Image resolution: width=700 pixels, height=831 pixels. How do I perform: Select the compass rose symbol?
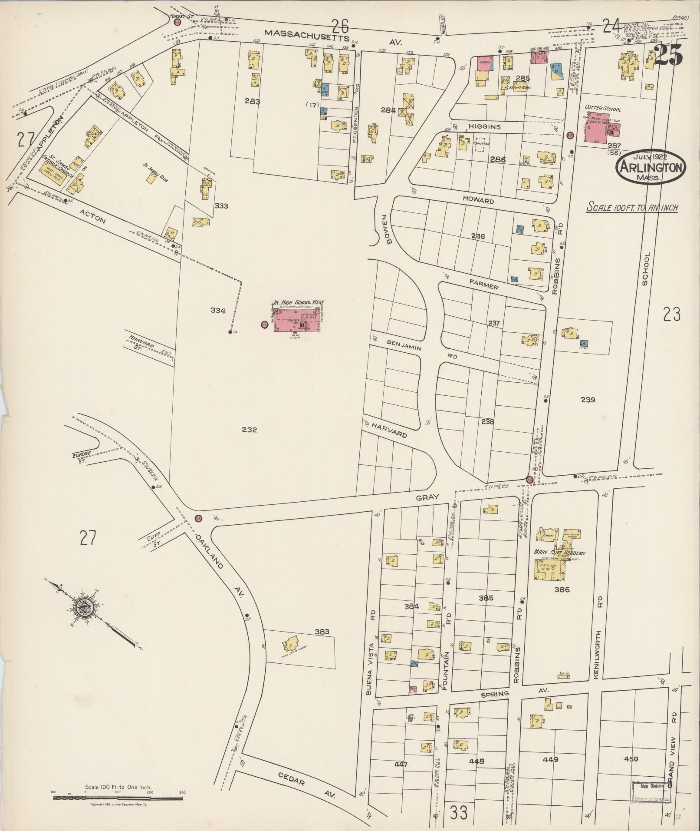click(x=82, y=608)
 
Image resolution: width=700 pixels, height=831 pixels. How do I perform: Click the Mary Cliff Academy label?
click(x=559, y=553)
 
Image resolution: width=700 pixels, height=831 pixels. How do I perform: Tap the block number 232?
click(x=250, y=430)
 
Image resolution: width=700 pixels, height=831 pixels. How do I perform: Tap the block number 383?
click(x=322, y=632)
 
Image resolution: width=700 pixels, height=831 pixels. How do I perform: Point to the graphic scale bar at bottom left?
click(x=118, y=798)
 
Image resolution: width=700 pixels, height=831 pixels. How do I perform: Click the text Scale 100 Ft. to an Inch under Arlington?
click(x=632, y=208)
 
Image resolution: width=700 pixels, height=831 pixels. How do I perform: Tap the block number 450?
click(x=631, y=759)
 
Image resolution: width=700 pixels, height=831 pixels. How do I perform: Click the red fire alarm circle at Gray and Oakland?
click(x=198, y=518)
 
